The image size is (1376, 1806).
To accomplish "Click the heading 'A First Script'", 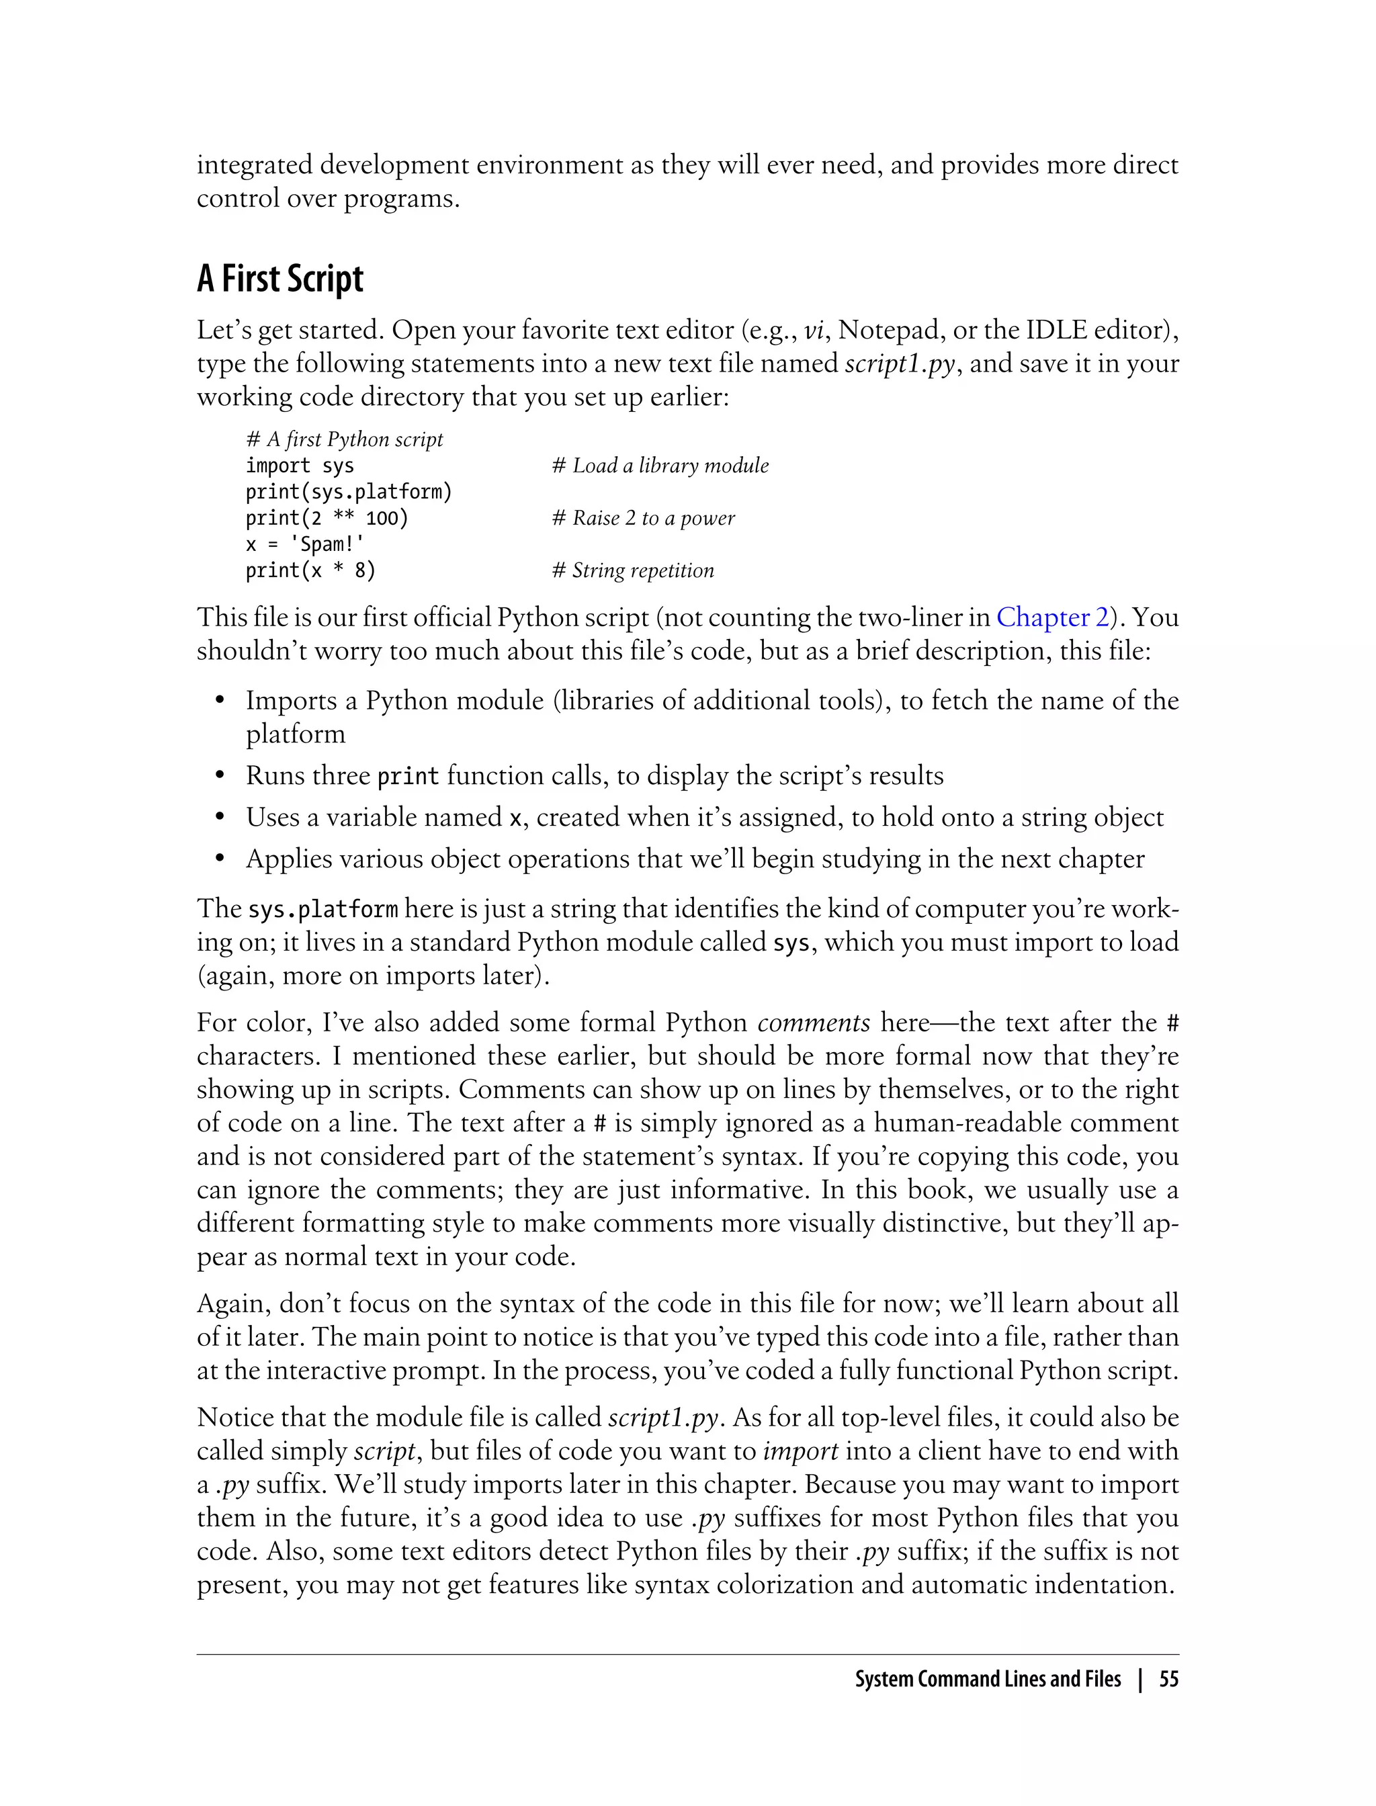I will point(279,279).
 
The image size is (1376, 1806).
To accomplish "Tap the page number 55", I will point(1169,1679).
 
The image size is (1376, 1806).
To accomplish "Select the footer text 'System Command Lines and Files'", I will point(988,1679).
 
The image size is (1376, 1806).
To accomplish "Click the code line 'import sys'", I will point(300,466).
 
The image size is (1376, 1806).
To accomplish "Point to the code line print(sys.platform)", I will point(349,492).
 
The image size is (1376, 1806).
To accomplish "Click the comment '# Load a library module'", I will point(660,466).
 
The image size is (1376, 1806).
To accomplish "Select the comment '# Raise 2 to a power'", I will point(643,519).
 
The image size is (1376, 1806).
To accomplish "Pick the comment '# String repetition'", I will point(632,571).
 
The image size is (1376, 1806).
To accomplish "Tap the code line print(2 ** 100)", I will point(327,519).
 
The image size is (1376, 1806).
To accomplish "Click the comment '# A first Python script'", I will point(344,440).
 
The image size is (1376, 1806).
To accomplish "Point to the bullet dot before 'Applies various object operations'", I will point(220,859).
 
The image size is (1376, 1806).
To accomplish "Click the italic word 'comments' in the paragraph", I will point(814,1023).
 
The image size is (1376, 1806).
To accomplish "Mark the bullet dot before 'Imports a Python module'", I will point(220,701).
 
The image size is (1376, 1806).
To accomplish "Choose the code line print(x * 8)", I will point(310,571).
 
